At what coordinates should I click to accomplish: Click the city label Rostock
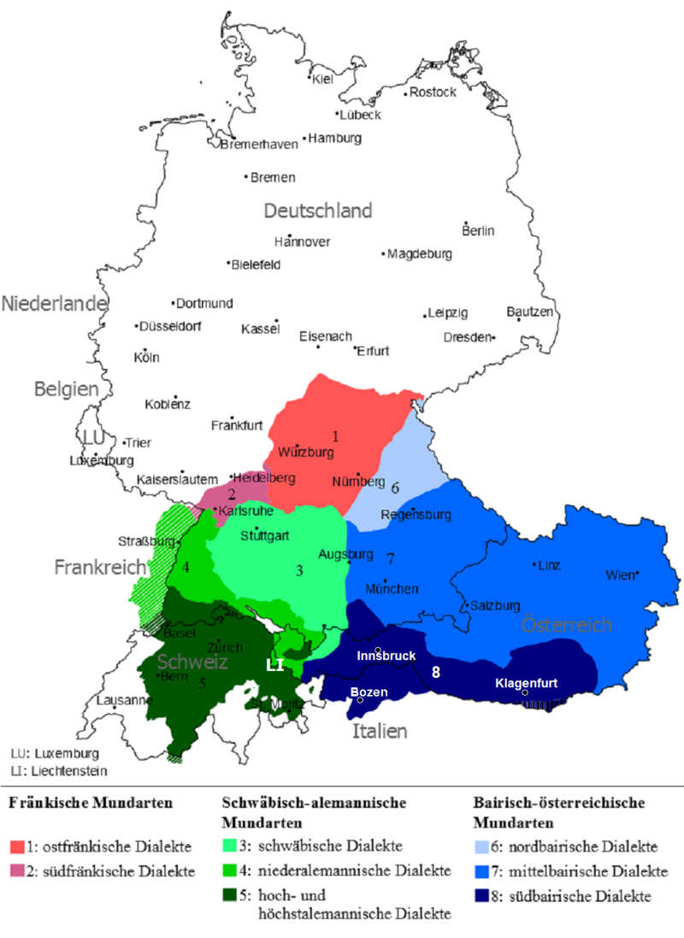coord(433,92)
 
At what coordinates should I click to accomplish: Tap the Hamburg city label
coord(336,138)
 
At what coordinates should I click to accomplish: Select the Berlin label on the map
coord(478,230)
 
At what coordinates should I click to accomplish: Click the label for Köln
coord(147,358)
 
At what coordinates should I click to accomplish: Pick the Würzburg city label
coord(305,451)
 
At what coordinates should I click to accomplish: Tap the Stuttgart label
coord(264,537)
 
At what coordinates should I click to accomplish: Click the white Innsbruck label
coord(386,656)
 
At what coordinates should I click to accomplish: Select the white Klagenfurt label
coord(527,683)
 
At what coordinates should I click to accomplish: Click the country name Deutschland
coord(318,211)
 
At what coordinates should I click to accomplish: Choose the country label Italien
coord(380,731)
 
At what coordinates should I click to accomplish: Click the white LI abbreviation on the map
coord(274,665)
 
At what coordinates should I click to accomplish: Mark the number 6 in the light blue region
coord(395,488)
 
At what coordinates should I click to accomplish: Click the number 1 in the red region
coord(335,436)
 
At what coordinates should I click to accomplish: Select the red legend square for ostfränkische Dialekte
coord(17,846)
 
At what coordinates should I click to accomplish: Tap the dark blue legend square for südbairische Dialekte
coord(483,897)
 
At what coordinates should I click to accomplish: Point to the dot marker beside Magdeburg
coord(383,254)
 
